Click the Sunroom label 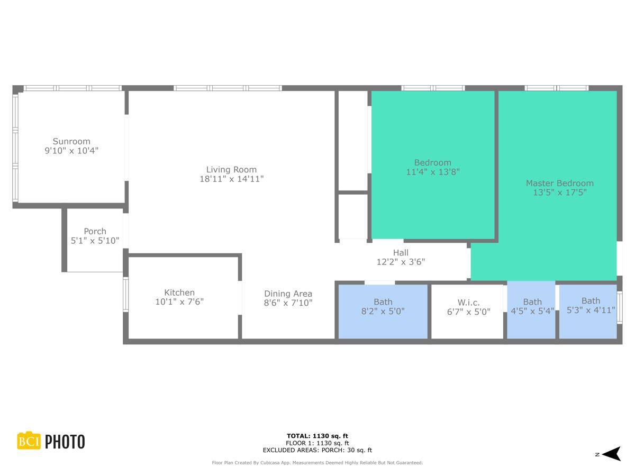[x=71, y=141]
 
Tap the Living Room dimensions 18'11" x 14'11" [x=231, y=179]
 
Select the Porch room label [x=95, y=231]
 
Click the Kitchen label [x=179, y=292]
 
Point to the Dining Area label [x=288, y=294]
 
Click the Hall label [x=401, y=253]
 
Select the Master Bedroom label [x=559, y=183]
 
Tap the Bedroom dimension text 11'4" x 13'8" [x=432, y=172]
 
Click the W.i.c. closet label [x=468, y=303]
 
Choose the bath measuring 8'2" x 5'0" [x=383, y=307]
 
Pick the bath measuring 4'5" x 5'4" [x=532, y=307]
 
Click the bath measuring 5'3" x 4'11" [x=591, y=306]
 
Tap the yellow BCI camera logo [x=29, y=441]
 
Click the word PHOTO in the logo [x=65, y=442]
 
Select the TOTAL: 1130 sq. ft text [x=317, y=436]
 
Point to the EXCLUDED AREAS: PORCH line [x=317, y=450]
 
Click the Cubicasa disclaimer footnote [x=317, y=463]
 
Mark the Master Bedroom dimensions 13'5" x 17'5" [x=559, y=193]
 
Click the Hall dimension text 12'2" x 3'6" [x=401, y=262]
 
